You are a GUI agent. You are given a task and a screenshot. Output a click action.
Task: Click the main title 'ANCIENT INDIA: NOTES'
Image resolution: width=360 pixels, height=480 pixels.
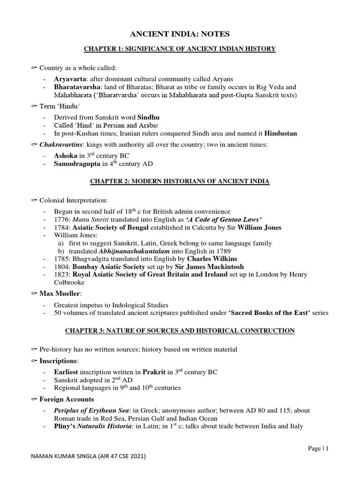tap(180, 33)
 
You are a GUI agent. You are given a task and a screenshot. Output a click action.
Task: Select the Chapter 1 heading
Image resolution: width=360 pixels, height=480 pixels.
tap(180, 49)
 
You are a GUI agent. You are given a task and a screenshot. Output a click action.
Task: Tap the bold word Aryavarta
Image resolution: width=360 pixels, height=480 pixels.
tap(71, 79)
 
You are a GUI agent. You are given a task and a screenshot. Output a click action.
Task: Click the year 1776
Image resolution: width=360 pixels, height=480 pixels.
tap(62, 219)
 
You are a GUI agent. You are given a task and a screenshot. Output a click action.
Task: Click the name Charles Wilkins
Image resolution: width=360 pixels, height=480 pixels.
tap(212, 259)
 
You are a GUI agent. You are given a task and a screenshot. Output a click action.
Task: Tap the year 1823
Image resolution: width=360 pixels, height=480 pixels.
tap(62, 275)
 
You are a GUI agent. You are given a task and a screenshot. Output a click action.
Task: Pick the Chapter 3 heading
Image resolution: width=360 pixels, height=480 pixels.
tap(180, 331)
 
